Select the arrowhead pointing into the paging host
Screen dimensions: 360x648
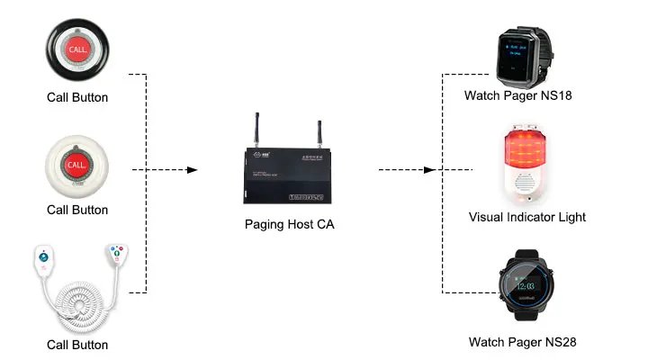click(192, 169)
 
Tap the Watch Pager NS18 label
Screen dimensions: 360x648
click(517, 94)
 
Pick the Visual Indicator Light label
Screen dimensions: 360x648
click(526, 217)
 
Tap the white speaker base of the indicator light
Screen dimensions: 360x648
click(526, 185)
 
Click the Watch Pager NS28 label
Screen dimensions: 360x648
click(522, 342)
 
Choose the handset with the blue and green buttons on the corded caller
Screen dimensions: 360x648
click(115, 255)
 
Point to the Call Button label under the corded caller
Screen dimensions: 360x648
click(77, 345)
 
